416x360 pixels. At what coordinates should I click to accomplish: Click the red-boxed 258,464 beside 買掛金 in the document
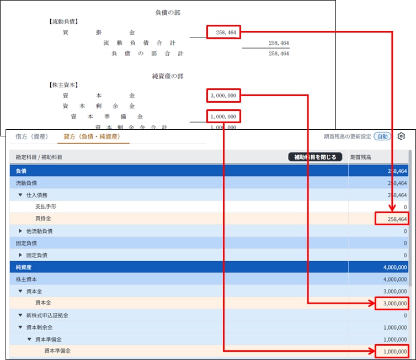pyautogui.click(x=223, y=33)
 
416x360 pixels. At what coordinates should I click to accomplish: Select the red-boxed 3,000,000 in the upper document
pyautogui.click(x=223, y=96)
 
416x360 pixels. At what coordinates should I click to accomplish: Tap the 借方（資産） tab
pyautogui.click(x=32, y=136)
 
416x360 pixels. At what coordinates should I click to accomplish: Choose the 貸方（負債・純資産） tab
pyautogui.click(x=92, y=136)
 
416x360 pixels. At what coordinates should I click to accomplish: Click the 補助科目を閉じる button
pyautogui.click(x=315, y=157)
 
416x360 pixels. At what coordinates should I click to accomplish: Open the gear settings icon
pyautogui.click(x=401, y=136)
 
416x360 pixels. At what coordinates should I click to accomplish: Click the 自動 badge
pyautogui.click(x=382, y=136)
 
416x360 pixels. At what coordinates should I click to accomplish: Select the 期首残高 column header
pyautogui.click(x=361, y=157)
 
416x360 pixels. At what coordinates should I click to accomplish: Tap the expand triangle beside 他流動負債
pyautogui.click(x=21, y=231)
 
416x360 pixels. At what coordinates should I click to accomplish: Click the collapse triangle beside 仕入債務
pyautogui.click(x=21, y=195)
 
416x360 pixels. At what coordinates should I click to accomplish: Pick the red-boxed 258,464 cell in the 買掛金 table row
pyautogui.click(x=391, y=219)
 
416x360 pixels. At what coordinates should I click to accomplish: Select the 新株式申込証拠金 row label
pyautogui.click(x=48, y=315)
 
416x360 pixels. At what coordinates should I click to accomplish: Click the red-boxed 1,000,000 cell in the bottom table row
pyautogui.click(x=391, y=351)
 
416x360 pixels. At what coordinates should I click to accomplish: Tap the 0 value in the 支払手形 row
pyautogui.click(x=405, y=207)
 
